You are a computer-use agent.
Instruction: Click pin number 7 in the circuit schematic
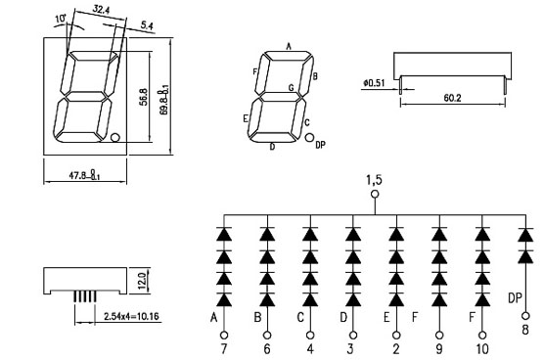pyautogui.click(x=224, y=349)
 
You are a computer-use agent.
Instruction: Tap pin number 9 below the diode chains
pyautogui.click(x=439, y=349)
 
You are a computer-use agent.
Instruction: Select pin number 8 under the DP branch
pyautogui.click(x=525, y=329)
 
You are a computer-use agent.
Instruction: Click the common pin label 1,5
pyautogui.click(x=375, y=180)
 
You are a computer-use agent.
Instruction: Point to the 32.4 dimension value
pyautogui.click(x=101, y=10)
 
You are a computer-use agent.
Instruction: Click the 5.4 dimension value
pyautogui.click(x=147, y=25)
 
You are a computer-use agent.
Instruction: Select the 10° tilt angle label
pyautogui.click(x=61, y=19)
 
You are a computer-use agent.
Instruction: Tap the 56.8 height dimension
pyautogui.click(x=144, y=97)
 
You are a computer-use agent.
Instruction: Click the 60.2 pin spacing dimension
pyautogui.click(x=452, y=98)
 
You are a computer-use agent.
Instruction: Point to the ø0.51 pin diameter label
pyautogui.click(x=374, y=83)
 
